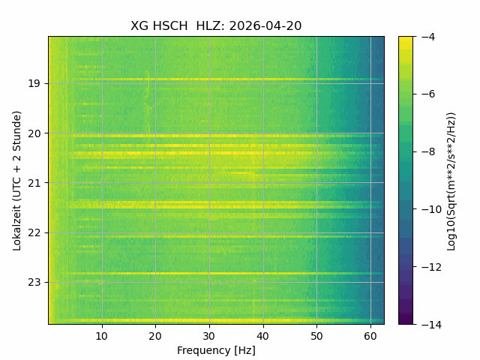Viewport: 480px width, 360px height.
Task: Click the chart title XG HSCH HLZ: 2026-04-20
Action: pyautogui.click(x=216, y=26)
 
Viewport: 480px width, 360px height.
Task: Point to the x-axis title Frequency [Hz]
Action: pyautogui.click(x=216, y=350)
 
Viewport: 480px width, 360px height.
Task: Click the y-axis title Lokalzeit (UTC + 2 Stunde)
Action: pyautogui.click(x=17, y=181)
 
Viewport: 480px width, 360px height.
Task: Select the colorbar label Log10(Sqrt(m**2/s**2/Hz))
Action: pyautogui.click(x=451, y=181)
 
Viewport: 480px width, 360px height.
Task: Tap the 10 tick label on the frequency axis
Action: pyautogui.click(x=102, y=336)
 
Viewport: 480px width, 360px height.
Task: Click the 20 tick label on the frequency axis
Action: pyautogui.click(x=155, y=336)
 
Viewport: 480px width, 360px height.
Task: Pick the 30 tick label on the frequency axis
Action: pyautogui.click(x=209, y=336)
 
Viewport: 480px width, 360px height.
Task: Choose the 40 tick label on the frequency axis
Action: pyautogui.click(x=263, y=336)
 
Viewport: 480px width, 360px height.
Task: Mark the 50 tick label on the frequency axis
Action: pyautogui.click(x=316, y=336)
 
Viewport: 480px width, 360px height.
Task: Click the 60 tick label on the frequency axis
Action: pyautogui.click(x=370, y=336)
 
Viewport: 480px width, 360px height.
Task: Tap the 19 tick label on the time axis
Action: pyautogui.click(x=34, y=83)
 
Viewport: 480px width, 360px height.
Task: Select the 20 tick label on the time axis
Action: pyautogui.click(x=34, y=133)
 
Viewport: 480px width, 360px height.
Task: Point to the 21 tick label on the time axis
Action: pyautogui.click(x=34, y=183)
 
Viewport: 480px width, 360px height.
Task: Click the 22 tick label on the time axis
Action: pyautogui.click(x=34, y=233)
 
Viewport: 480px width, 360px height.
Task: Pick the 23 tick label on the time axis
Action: pyautogui.click(x=34, y=283)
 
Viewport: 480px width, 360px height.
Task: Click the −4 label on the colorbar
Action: pyautogui.click(x=428, y=37)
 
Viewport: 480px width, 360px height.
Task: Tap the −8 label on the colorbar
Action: pyautogui.click(x=428, y=151)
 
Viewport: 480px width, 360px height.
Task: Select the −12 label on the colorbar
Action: pyautogui.click(x=432, y=267)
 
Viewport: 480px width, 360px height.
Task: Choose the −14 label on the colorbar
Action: pyautogui.click(x=432, y=325)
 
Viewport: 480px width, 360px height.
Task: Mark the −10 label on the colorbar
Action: pyautogui.click(x=432, y=209)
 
